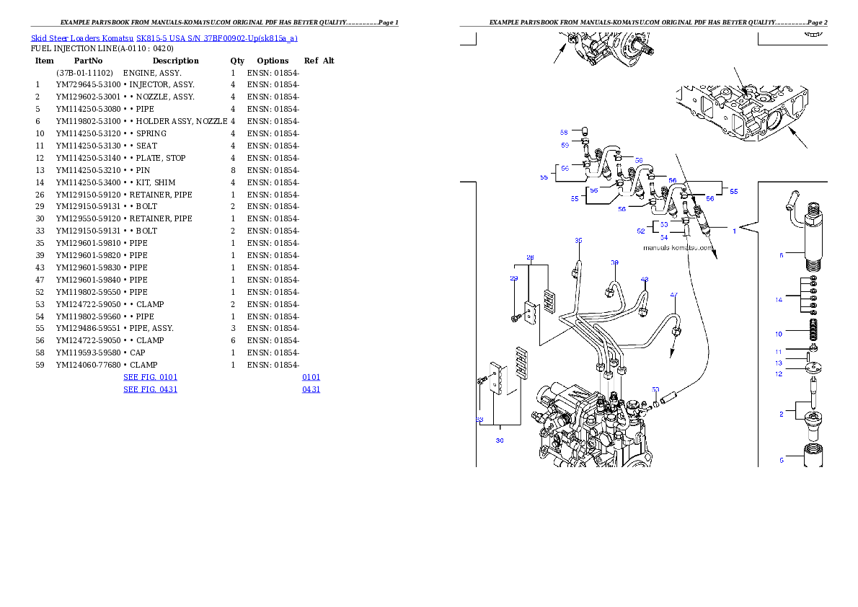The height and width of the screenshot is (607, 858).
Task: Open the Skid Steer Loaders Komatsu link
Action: (82, 38)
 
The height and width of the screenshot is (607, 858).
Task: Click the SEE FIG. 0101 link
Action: (151, 377)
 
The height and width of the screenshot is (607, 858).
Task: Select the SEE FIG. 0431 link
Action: (151, 389)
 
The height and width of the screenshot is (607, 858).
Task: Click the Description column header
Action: (176, 61)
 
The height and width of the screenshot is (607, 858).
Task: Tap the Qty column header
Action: (237, 61)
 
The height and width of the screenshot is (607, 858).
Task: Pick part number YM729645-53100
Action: (88, 84)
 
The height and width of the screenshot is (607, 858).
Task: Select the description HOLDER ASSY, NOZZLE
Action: (182, 121)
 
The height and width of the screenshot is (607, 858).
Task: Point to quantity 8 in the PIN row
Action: (233, 170)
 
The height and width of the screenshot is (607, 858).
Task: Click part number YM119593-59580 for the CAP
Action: (88, 353)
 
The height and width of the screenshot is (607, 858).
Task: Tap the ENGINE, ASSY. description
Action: (152, 73)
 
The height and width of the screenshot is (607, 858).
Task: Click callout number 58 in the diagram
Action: (564, 133)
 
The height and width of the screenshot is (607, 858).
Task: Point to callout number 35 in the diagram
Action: (578, 240)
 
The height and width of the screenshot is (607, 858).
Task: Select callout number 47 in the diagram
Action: (673, 295)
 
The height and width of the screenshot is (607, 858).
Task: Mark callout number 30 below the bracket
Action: (500, 440)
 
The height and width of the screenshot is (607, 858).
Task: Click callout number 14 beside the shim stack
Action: (779, 299)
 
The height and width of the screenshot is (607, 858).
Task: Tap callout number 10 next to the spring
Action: (779, 334)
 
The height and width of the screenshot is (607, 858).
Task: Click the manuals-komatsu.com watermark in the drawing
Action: (678, 247)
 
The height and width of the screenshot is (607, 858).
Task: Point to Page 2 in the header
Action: (817, 22)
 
